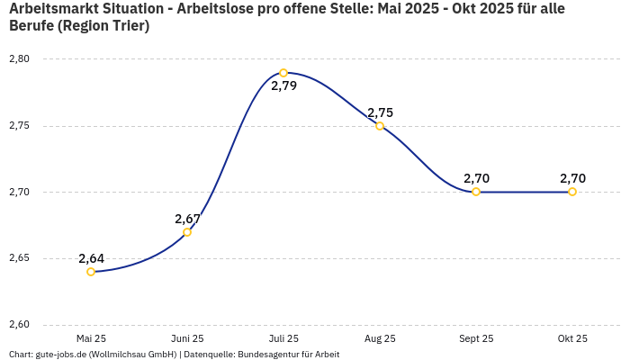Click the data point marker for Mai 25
[x=91, y=272]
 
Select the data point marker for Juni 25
[x=187, y=232]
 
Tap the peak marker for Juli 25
[x=283, y=73]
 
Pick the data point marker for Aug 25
[x=380, y=126]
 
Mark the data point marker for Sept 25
[x=476, y=192]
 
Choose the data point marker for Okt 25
[x=572, y=192]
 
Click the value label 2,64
[x=91, y=258]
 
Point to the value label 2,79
[x=283, y=87]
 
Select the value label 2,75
[x=380, y=112]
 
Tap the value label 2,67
[x=187, y=219]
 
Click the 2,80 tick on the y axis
[x=19, y=59]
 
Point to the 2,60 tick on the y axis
[x=19, y=325]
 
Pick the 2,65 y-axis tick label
[x=19, y=258]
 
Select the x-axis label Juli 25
[x=283, y=338]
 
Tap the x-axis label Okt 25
[x=572, y=338]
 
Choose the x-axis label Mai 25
[x=91, y=338]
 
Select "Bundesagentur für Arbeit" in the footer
[x=289, y=355]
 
